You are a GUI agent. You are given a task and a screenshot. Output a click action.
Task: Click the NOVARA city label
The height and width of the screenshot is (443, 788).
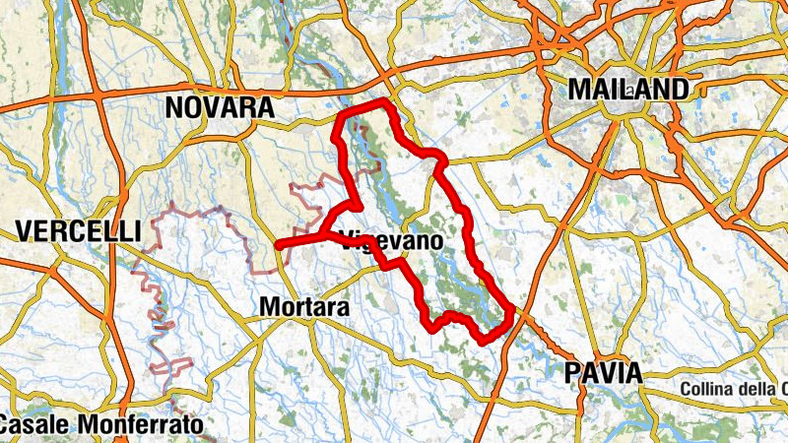[x=220, y=107]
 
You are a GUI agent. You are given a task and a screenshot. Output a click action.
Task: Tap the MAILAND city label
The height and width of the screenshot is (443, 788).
[x=628, y=90]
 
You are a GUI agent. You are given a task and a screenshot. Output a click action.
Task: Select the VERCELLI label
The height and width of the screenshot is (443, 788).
[x=79, y=232]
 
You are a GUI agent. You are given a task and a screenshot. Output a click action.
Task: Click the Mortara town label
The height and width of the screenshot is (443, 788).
[x=304, y=307]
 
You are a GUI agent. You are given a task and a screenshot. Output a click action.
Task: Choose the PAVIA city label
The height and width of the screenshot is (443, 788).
[x=602, y=373]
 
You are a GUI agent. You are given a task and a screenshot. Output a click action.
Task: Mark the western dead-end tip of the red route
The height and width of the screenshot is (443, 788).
[x=279, y=244]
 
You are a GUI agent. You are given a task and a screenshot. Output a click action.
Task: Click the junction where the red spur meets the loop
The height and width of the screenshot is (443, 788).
[x=322, y=232]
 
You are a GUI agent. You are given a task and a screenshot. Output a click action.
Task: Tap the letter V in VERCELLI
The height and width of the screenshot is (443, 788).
[x=26, y=232]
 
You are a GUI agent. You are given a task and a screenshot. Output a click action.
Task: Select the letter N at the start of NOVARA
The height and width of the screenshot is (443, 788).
[x=176, y=107]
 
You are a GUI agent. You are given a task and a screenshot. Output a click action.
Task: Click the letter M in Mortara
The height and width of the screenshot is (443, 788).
[x=269, y=307]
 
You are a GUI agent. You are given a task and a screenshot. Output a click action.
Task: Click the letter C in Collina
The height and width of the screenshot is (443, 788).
[x=686, y=390]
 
